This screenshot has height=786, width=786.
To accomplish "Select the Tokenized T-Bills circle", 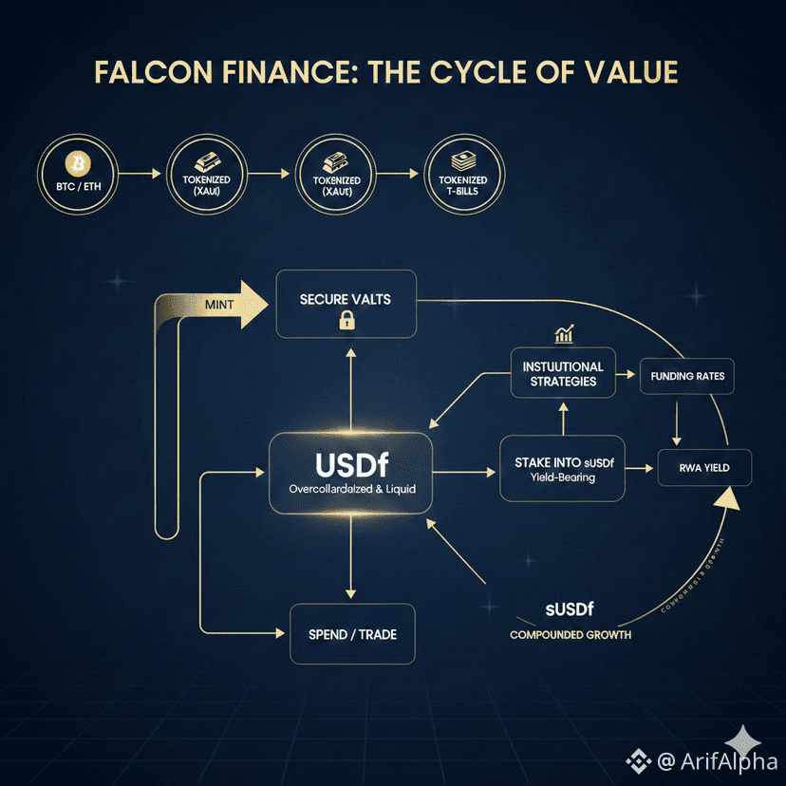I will point(463,174).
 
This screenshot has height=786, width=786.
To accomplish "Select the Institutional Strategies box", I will point(563,374).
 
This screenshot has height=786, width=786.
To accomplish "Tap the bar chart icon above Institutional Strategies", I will point(564,334).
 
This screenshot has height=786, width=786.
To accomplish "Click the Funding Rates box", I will point(687,377).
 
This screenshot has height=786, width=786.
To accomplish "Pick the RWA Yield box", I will point(704,468).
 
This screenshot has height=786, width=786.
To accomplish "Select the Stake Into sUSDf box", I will point(564,469).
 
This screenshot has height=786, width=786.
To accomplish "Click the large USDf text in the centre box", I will point(351,463).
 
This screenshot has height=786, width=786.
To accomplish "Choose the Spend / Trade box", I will point(352,633).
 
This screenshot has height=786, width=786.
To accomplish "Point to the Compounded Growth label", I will point(570,634).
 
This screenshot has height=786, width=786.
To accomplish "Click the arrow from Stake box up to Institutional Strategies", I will point(563,418).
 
